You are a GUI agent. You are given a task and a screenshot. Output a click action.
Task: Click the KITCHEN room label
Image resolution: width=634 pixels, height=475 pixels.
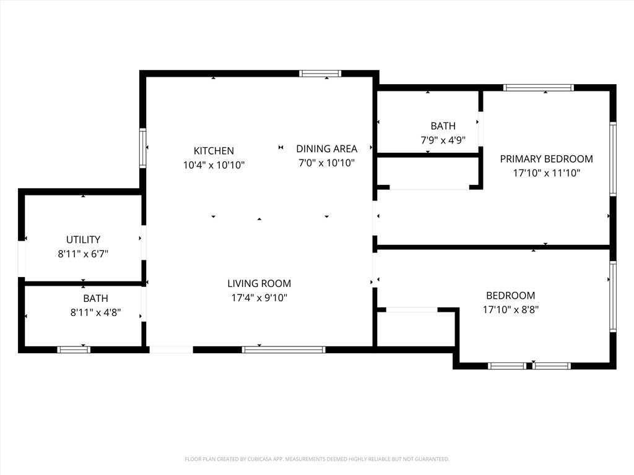[214, 151]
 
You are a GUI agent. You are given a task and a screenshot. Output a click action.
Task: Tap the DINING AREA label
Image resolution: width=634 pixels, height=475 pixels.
[326, 148]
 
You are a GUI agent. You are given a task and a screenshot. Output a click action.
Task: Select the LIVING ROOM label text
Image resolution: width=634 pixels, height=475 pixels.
[259, 284]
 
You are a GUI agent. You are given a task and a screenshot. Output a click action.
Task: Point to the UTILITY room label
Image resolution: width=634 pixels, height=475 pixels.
[83, 239]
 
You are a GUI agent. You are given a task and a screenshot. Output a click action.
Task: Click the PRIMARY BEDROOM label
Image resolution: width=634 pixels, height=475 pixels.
[546, 159]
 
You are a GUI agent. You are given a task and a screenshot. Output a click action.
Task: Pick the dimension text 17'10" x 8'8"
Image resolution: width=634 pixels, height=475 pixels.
[510, 310]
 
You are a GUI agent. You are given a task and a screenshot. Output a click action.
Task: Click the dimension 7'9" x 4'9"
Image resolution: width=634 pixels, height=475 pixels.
[443, 140]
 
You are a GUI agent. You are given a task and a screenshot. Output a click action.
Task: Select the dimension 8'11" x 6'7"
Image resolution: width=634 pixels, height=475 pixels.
[83, 254]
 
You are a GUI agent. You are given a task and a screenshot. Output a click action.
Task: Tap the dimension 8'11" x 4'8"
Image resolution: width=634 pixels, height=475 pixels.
[95, 313]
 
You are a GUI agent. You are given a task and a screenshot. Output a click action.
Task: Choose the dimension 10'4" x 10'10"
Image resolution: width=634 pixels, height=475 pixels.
[214, 165]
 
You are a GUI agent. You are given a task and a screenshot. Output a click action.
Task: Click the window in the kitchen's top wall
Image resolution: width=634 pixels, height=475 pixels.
[320, 74]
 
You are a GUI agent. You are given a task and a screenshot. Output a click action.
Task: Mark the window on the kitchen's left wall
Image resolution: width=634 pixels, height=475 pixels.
[142, 148]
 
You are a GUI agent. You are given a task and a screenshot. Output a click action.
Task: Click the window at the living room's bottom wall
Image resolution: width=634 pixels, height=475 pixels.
[284, 349]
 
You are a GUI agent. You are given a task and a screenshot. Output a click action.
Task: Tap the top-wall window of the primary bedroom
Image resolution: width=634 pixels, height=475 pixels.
[538, 88]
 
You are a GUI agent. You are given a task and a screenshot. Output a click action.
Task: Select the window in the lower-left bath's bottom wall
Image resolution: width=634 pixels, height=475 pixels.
[74, 349]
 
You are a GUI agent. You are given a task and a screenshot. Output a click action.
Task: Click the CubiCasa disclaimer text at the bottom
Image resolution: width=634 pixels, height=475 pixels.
[317, 460]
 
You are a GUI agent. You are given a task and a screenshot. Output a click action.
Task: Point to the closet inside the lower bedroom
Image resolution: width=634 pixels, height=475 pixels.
[417, 328]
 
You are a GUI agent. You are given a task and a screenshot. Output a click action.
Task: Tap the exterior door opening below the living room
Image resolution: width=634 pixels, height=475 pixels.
[172, 349]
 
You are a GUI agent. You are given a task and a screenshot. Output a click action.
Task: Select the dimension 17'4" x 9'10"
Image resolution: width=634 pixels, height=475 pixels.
[259, 298]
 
